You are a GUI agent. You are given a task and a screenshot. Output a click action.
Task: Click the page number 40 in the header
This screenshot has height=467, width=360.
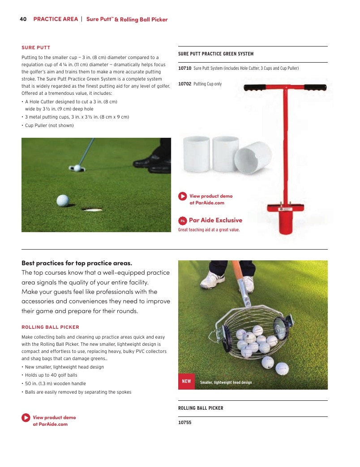(23, 19)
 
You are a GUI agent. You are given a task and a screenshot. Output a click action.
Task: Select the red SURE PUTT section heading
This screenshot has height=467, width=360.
(36, 48)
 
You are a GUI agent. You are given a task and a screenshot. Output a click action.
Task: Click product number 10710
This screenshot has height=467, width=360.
(185, 68)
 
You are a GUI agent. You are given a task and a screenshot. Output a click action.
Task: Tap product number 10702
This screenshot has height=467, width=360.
(185, 84)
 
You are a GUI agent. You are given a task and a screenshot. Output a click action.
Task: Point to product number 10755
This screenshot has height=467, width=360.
(185, 422)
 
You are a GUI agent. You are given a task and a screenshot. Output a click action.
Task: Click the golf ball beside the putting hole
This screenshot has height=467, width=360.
(63, 200)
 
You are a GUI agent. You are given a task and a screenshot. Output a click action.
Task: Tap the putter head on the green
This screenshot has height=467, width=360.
(77, 168)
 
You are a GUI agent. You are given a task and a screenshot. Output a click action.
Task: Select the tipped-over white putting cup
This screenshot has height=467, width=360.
(253, 157)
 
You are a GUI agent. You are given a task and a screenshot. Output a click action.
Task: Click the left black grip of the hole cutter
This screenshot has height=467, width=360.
(255, 88)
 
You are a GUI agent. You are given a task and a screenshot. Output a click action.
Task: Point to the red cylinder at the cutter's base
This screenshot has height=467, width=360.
(286, 222)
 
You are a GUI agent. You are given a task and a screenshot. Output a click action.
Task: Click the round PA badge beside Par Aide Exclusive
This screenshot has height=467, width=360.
(183, 221)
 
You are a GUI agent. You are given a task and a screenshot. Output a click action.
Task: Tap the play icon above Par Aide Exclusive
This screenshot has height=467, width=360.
(183, 196)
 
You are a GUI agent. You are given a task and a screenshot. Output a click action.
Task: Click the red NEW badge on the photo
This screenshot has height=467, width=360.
(187, 381)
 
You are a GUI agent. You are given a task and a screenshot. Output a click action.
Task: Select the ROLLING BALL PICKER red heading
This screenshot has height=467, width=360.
(50, 327)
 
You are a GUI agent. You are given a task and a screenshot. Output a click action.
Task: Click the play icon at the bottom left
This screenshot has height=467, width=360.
(26, 417)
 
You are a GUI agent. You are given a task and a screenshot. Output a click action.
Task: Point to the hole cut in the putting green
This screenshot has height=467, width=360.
(92, 210)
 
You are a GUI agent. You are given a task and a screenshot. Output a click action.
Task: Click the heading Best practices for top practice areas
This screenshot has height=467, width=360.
(77, 263)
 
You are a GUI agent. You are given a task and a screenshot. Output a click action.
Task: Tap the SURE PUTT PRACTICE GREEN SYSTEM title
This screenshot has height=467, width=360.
(216, 54)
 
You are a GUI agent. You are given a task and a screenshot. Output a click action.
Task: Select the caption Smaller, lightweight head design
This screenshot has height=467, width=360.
(226, 382)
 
